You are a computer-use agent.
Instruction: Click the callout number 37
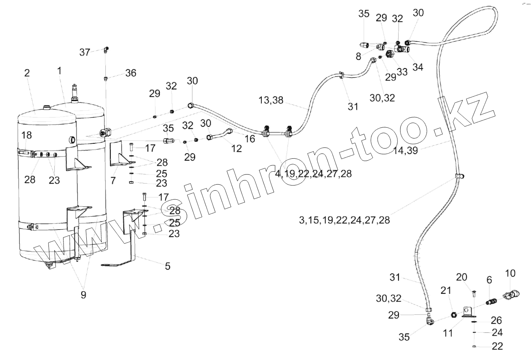click(x=85, y=52)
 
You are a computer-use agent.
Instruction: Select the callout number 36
click(x=131, y=73)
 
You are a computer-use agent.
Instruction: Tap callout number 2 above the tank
click(x=27, y=73)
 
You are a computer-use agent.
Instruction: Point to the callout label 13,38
click(x=271, y=100)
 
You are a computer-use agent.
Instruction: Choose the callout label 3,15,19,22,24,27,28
click(x=344, y=220)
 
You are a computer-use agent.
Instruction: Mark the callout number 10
click(x=510, y=273)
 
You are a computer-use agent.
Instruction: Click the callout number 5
click(x=168, y=267)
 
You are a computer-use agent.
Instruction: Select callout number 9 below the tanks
click(x=83, y=294)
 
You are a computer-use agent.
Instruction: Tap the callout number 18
click(x=26, y=135)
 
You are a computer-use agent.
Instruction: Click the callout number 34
click(x=418, y=67)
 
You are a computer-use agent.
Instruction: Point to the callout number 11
click(x=448, y=333)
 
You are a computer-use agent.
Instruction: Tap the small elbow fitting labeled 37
click(x=106, y=50)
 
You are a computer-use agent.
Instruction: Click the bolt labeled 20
click(x=473, y=293)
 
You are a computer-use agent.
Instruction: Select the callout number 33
click(x=402, y=72)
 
